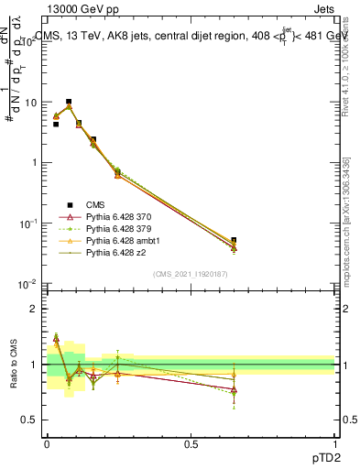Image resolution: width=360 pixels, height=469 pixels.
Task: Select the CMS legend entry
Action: click(x=96, y=205)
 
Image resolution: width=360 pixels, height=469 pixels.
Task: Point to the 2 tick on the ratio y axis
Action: click(x=35, y=310)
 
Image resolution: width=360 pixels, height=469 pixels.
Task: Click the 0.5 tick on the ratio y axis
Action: click(x=31, y=420)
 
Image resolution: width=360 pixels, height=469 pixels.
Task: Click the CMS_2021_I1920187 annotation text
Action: click(x=191, y=273)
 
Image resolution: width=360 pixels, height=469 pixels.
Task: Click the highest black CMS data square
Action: click(x=69, y=102)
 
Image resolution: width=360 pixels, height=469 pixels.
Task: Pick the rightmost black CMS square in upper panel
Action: click(x=234, y=241)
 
